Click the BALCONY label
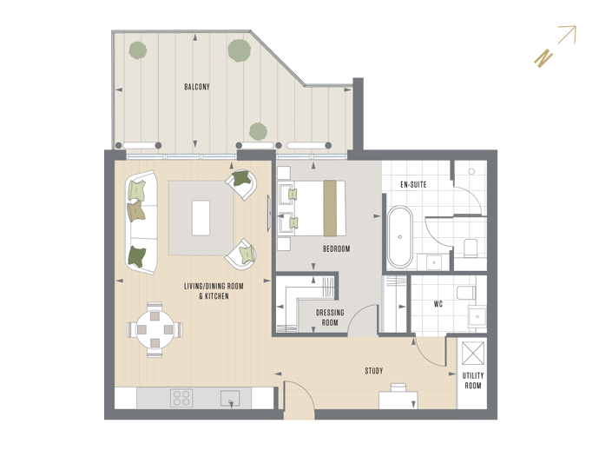tap(197, 87)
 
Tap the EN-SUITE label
tap(413, 185)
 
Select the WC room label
tap(438, 304)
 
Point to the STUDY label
tap(373, 370)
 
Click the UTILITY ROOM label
tap(473, 381)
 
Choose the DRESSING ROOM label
tap(330, 318)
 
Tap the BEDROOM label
tap(336, 249)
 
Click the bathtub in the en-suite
tap(400, 237)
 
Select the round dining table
tap(155, 328)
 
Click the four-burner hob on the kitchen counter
tap(181, 398)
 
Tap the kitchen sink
tap(230, 399)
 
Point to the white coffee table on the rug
tap(201, 218)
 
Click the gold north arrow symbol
tap(556, 47)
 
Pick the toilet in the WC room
tap(466, 293)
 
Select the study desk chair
tap(398, 387)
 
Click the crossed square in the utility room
tap(473, 354)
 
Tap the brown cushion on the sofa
tap(135, 210)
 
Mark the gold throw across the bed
tap(330, 208)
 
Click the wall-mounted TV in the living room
tap(268, 213)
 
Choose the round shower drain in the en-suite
tap(471, 171)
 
